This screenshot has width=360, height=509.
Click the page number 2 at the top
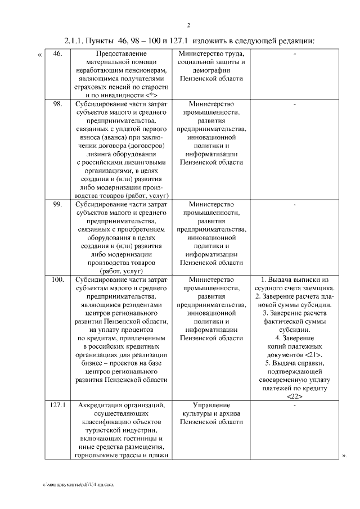(188, 25)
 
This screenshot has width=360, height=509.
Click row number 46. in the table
(57, 54)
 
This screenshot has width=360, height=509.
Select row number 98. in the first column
(57, 104)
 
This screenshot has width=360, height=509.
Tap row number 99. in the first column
(57, 204)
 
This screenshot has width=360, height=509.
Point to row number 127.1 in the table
(58, 405)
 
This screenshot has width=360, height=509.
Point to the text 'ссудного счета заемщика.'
(294, 288)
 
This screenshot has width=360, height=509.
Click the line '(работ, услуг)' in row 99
(122, 271)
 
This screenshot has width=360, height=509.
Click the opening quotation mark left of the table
(39, 55)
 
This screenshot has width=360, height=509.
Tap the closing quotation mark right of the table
(344, 455)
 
